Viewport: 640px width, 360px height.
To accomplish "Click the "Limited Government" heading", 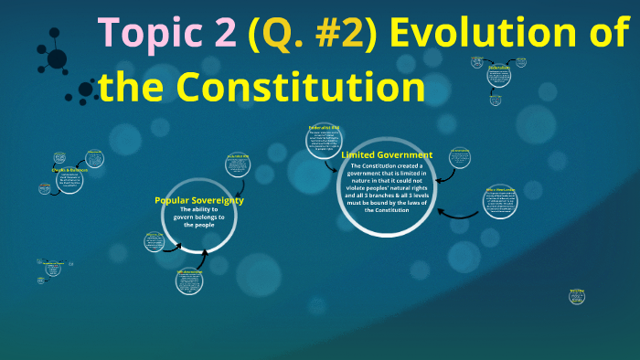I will point(387,155).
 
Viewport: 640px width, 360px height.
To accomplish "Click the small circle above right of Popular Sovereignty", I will point(237,167).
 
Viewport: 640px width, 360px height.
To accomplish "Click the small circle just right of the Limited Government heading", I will point(459,158).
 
